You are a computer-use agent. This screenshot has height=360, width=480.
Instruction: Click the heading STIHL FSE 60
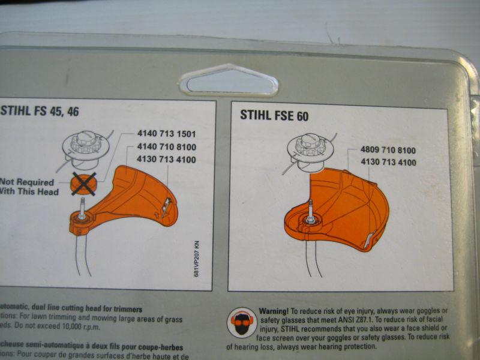(274, 115)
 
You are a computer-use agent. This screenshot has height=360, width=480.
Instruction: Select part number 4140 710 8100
(167, 147)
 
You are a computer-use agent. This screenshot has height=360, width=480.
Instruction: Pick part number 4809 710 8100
(388, 149)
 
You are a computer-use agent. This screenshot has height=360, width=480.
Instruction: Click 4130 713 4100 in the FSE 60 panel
(388, 163)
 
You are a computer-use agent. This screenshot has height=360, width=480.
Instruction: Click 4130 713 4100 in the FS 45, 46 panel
(167, 160)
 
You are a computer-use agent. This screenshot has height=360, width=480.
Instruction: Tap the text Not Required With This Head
(29, 187)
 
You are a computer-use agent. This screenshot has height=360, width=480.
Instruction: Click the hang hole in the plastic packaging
(229, 81)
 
